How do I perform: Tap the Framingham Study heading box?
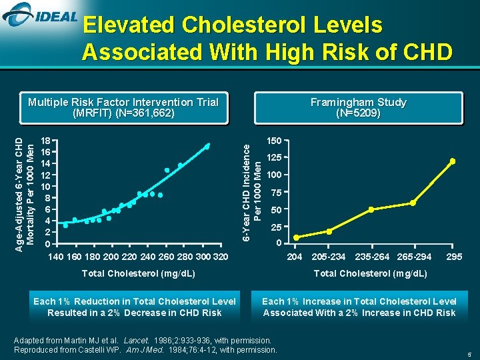[359, 107]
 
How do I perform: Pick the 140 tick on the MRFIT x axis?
[56, 257]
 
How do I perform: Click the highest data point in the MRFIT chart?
[207, 145]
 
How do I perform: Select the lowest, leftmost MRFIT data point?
[65, 225]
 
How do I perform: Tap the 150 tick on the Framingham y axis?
[274, 141]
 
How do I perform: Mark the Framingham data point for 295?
[453, 161]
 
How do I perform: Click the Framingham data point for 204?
[297, 237]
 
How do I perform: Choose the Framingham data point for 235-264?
[371, 209]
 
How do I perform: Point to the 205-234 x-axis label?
[329, 257]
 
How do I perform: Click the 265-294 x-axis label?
[414, 257]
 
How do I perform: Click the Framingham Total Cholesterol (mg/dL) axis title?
[371, 273]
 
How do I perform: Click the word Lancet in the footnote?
[136, 340]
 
